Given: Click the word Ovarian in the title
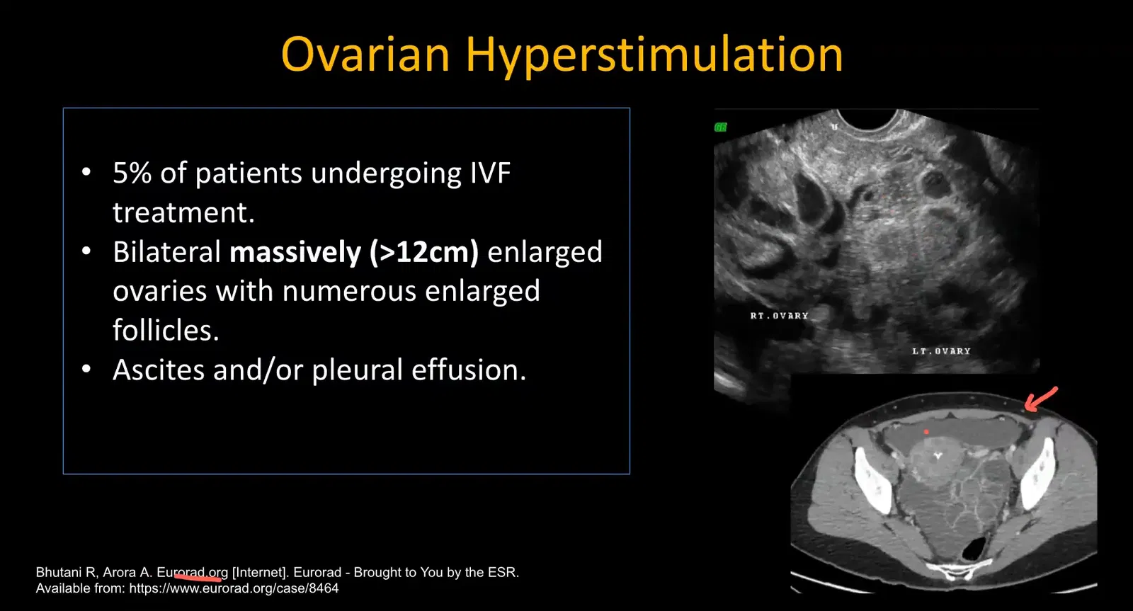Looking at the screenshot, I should click(365, 55).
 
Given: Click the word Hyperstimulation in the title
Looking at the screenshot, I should click(654, 56).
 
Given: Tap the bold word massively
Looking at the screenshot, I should click(295, 253).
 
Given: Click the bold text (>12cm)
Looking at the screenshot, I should click(424, 253).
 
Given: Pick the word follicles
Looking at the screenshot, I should click(166, 331).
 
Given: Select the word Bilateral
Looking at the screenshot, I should click(167, 253).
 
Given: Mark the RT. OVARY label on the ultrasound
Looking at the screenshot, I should click(779, 316).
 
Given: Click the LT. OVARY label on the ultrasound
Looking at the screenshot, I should click(941, 351).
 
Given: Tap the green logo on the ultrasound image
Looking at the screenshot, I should click(721, 127).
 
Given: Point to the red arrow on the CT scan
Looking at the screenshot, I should click(1040, 399).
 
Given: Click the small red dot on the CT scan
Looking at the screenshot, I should click(926, 431).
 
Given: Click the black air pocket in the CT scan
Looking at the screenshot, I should click(977, 547).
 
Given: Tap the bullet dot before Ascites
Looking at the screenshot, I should click(86, 370).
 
